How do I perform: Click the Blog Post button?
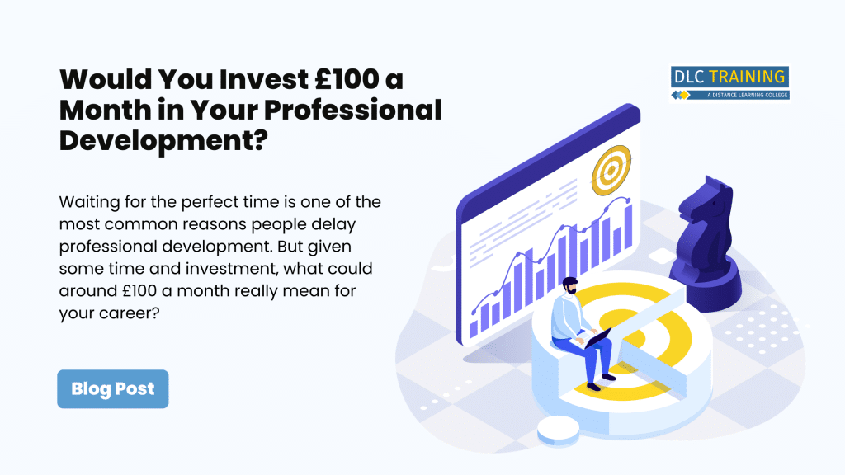(112, 389)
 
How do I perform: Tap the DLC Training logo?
(729, 83)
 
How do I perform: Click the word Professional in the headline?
(353, 110)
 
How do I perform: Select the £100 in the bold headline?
(347, 79)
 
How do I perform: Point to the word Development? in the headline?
(163, 141)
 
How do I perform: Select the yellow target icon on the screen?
(611, 170)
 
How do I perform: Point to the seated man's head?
(569, 285)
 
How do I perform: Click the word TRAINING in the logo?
(747, 77)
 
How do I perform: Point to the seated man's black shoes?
(601, 382)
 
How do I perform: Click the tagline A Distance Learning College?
(748, 96)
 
